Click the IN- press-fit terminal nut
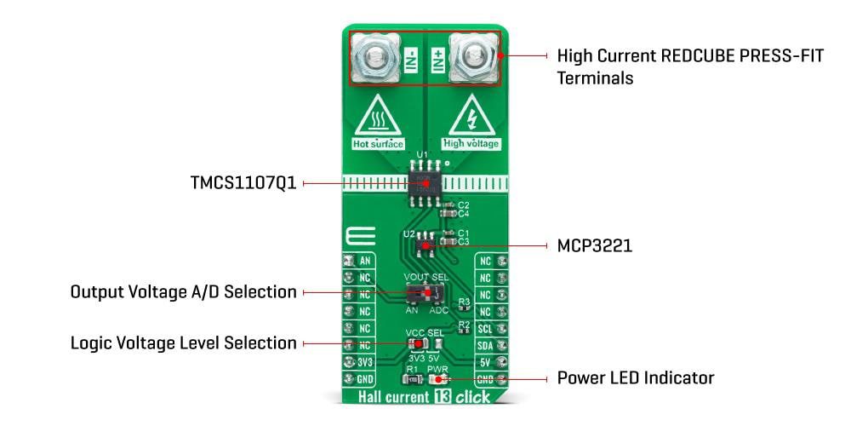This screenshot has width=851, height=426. pos(374,58)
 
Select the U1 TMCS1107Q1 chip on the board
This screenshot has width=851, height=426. pos(423,181)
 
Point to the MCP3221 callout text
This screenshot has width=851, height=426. pos(594,245)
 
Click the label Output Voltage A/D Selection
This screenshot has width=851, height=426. pos(183,292)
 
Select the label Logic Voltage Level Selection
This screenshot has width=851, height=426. pos(183,343)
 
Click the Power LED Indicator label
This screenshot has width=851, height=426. pos(635,377)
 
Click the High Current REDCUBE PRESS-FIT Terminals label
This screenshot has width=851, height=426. pos(690,66)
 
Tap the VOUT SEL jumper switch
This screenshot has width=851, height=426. pos(423,293)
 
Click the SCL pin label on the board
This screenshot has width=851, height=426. pos(485,328)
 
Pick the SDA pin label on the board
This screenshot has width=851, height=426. pos(485,345)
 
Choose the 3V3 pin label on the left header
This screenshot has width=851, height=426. pos(365,361)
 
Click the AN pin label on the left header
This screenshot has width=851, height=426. pos(365,262)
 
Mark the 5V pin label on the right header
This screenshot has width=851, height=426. pos(485,361)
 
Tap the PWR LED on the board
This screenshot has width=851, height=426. pos(439,378)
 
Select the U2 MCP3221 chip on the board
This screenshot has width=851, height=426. pos(423,245)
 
